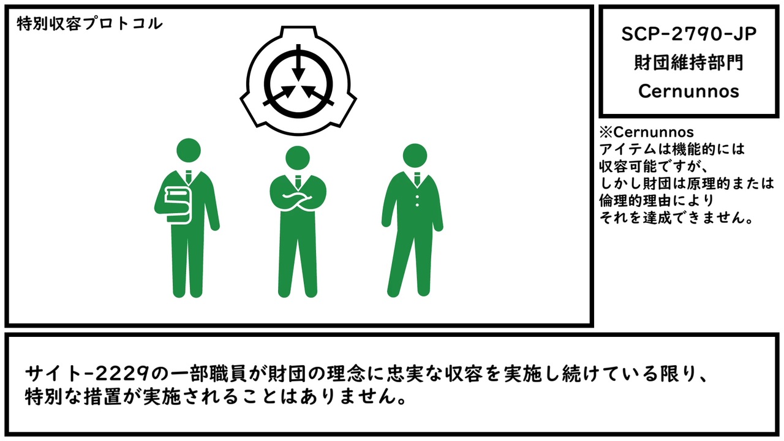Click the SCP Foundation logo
coord(298,80)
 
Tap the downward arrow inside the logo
coord(298,63)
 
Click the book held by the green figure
coord(178,205)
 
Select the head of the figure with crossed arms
coord(298,158)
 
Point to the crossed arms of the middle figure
coord(298,200)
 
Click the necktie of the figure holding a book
coord(188,177)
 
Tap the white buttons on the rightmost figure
coord(417,200)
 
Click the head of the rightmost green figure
coord(415,156)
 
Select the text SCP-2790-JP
coord(689,34)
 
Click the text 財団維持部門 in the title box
coord(689,63)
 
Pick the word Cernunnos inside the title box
coord(689,91)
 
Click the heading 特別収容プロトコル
coord(89,24)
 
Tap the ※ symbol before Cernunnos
coord(606,132)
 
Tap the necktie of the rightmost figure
coord(417,178)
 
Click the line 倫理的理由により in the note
coord(657,200)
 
